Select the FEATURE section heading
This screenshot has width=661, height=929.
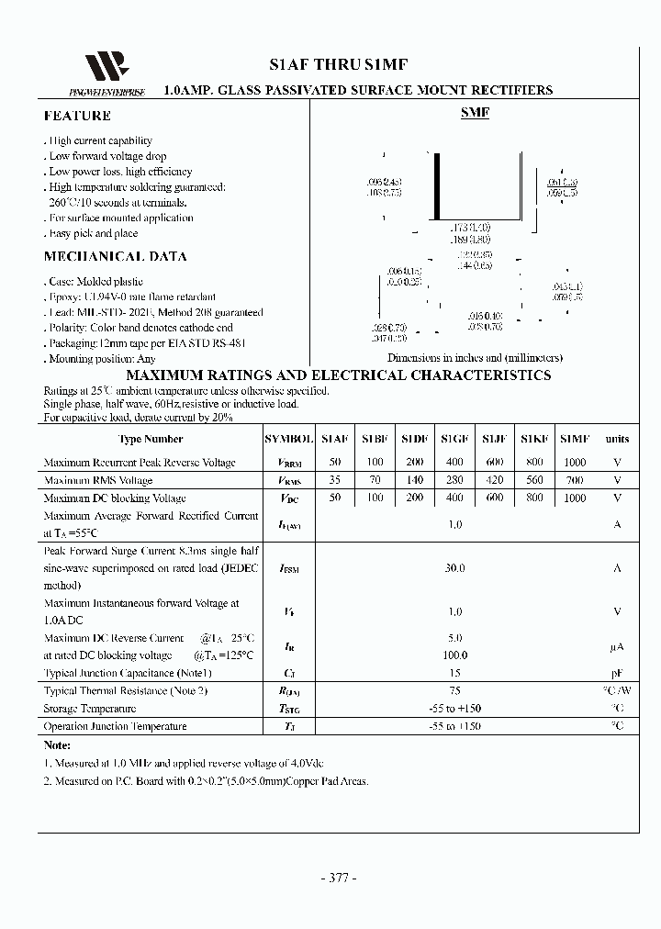[77, 116]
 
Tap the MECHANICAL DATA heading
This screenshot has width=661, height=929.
[115, 257]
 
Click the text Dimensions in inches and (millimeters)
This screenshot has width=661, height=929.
[475, 358]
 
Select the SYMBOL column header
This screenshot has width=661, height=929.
[288, 440]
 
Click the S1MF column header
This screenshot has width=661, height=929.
[575, 440]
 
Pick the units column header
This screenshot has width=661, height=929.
[617, 440]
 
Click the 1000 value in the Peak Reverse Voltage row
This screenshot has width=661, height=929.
[575, 463]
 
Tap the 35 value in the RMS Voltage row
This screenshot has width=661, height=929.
[334, 480]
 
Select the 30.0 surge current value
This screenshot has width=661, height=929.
[454, 568]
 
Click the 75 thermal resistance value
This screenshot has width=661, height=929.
[454, 691]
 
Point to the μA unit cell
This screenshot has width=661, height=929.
[617, 647]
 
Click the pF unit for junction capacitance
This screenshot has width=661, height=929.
[617, 673]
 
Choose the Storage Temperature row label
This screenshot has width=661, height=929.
[90, 709]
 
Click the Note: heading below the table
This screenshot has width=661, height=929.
[57, 746]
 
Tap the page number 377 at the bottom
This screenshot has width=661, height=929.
[338, 878]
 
